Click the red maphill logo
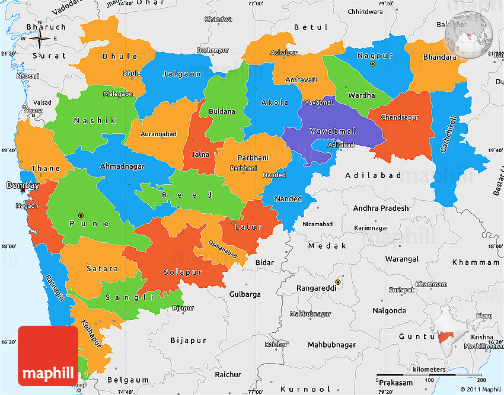[x=48, y=356]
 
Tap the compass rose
[x=40, y=39]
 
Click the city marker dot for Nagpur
[x=372, y=64]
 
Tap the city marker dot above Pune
[x=81, y=214]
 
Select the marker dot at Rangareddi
[x=338, y=282]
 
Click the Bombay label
[x=23, y=185]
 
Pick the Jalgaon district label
[x=181, y=75]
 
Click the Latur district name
[x=248, y=227]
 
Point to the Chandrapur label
[x=400, y=117]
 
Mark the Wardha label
[x=361, y=95]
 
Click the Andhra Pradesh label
[x=381, y=208]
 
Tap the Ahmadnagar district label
[x=122, y=166]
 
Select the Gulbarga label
[x=245, y=294]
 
